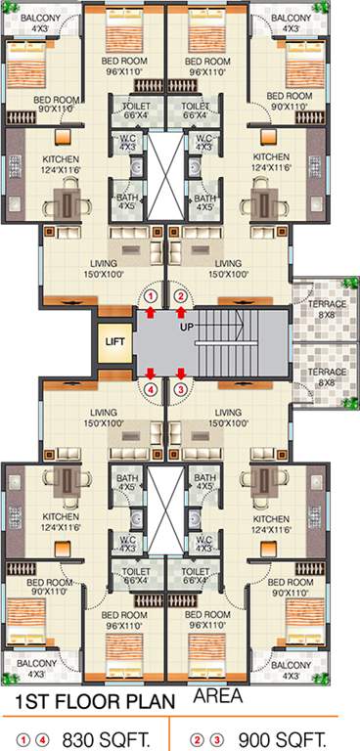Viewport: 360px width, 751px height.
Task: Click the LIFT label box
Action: tap(113, 342)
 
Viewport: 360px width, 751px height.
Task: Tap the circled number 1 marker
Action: tap(151, 295)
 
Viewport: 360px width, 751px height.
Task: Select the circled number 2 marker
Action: tap(180, 295)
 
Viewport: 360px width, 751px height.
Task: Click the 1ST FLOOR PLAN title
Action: tap(94, 702)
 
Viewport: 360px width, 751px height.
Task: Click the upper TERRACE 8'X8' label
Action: tap(327, 309)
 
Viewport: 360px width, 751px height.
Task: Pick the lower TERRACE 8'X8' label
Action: tap(327, 377)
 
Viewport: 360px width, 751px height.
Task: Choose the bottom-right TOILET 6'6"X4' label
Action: tap(196, 574)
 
